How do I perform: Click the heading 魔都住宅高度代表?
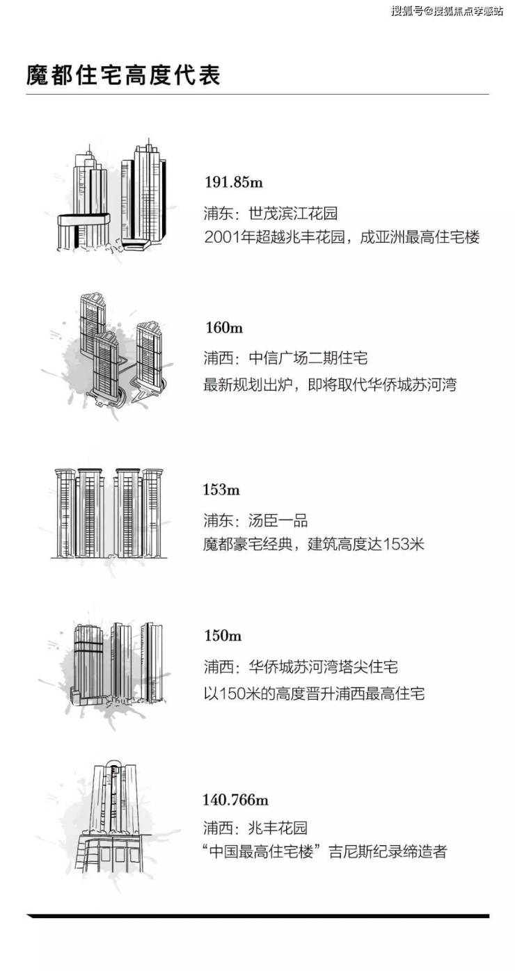(x=123, y=75)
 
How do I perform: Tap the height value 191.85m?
(x=233, y=182)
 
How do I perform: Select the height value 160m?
(x=224, y=328)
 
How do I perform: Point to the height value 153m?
(x=221, y=490)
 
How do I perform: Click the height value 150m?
(x=223, y=636)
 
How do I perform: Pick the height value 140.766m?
(x=236, y=800)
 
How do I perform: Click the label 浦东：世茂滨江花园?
(x=270, y=214)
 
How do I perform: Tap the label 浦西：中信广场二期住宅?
(x=285, y=358)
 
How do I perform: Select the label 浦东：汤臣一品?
(x=255, y=520)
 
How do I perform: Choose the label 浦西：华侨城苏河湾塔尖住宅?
(x=301, y=667)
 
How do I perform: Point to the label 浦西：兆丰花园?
(x=255, y=828)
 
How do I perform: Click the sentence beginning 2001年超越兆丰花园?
(x=342, y=237)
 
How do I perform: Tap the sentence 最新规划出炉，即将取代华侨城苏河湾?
(x=330, y=385)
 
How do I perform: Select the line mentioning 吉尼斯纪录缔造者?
(x=325, y=852)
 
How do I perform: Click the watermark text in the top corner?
(x=447, y=11)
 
